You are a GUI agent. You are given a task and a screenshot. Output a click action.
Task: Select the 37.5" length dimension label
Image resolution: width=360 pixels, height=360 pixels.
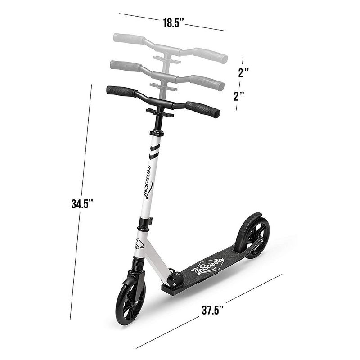(x=213, y=310)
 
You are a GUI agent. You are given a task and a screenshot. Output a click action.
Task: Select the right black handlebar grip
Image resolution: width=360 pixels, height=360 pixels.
(x=203, y=109)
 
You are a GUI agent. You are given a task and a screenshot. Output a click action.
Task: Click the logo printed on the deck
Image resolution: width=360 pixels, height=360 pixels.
(x=208, y=267)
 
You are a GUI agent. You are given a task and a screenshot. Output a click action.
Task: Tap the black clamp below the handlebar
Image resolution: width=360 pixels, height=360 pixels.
(x=159, y=112)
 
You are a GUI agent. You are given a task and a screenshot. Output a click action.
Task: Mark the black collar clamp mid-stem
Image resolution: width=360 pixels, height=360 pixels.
(x=144, y=223)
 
